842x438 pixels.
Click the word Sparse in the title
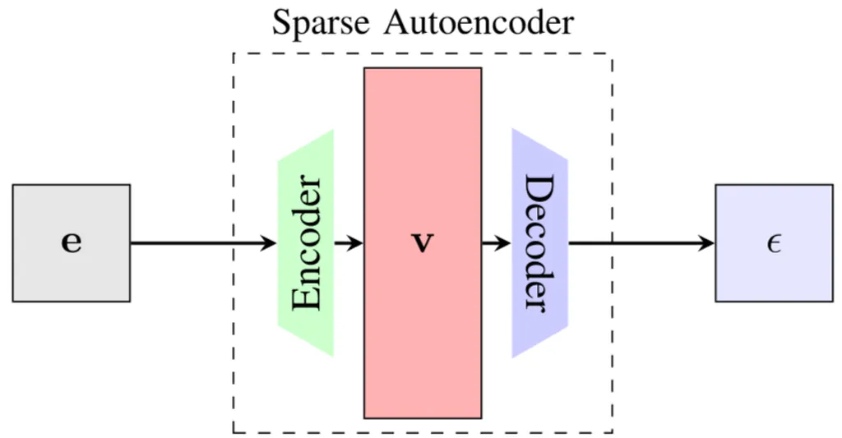click(x=322, y=23)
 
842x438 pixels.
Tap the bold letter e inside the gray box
click(x=72, y=244)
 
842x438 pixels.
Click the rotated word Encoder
click(x=307, y=243)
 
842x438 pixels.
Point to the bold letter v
click(x=423, y=244)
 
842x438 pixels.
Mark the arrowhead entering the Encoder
click(x=269, y=243)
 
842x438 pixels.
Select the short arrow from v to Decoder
click(x=497, y=243)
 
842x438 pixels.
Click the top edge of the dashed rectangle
click(x=423, y=53)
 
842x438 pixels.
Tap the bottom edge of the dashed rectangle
click(x=423, y=432)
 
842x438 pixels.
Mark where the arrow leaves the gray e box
click(x=132, y=243)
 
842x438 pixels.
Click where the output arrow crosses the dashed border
click(x=612, y=243)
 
